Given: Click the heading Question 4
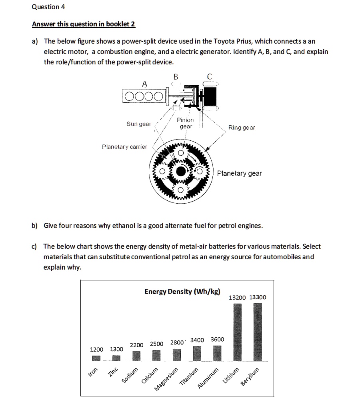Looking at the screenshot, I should (x=48, y=7).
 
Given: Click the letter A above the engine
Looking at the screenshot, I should (x=144, y=83).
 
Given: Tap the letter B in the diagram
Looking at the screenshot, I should (x=176, y=77).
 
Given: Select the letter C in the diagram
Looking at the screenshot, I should (x=210, y=77).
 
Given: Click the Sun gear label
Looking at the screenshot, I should (x=139, y=124).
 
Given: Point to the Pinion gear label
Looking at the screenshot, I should (x=185, y=123).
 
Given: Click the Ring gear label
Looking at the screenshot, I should (x=242, y=128).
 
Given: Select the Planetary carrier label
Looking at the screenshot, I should (x=124, y=147).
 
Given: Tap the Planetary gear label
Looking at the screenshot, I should (x=239, y=173).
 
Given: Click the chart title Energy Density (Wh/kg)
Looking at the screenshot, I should (x=182, y=291).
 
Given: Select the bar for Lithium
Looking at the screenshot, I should (x=238, y=332).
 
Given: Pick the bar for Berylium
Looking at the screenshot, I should (x=258, y=332).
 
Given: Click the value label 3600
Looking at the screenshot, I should (x=217, y=339).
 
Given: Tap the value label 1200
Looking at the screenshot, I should (x=96, y=349).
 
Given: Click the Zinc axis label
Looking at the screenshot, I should (x=113, y=371).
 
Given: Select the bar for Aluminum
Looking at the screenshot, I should (x=217, y=353).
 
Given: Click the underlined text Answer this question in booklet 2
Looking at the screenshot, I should (x=84, y=24).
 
